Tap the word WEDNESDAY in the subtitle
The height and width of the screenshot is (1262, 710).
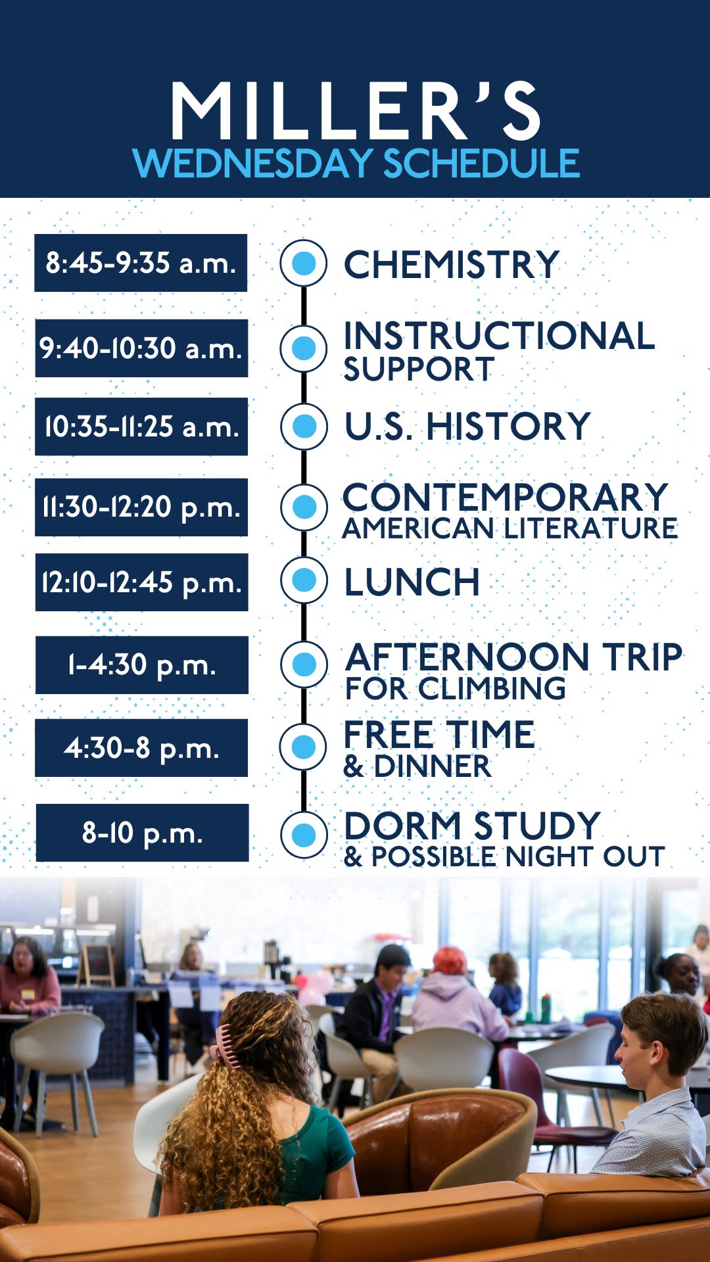coord(253,163)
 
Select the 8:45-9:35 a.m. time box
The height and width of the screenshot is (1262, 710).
coord(141,263)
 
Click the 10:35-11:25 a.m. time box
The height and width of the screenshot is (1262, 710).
coord(141,427)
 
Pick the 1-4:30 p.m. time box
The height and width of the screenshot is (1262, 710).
coord(142,665)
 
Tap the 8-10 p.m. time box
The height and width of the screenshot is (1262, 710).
coord(143,833)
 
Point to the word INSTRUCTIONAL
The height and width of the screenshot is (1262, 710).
coord(499,336)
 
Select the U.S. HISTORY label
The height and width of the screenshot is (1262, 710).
coord(467,427)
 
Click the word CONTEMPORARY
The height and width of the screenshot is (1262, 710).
coord(505,497)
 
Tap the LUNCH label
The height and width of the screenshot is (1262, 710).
coord(412,582)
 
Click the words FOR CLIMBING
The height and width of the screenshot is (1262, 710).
coord(456,688)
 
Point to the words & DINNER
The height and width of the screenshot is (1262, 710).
coord(417,766)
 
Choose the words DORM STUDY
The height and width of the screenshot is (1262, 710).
coord(472,826)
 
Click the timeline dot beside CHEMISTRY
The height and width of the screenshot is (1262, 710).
coord(304,263)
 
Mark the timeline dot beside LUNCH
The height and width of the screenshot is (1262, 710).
coord(304,580)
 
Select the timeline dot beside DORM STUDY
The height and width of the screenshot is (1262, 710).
coord(304,835)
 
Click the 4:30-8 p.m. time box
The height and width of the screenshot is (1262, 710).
coord(141,748)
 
